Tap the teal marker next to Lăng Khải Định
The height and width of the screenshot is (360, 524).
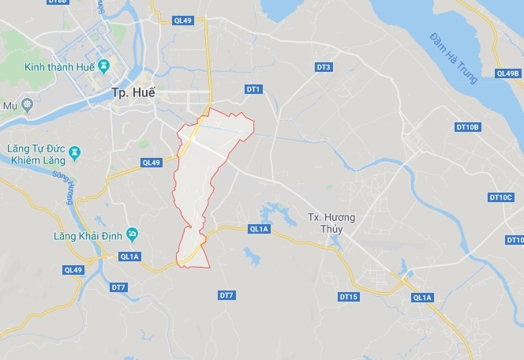(132, 234)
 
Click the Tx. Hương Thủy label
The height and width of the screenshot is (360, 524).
(331, 223)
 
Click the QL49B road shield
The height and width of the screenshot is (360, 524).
(507, 73)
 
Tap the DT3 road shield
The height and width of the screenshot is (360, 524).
(323, 67)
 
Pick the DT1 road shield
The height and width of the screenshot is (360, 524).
(253, 90)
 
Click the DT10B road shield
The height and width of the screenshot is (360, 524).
(467, 127)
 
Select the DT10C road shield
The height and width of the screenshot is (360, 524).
(500, 197)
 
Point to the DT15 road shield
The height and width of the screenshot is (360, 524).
(348, 297)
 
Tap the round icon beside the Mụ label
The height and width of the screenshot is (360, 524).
(28, 104)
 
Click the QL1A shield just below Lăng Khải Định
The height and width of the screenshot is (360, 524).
(129, 257)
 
